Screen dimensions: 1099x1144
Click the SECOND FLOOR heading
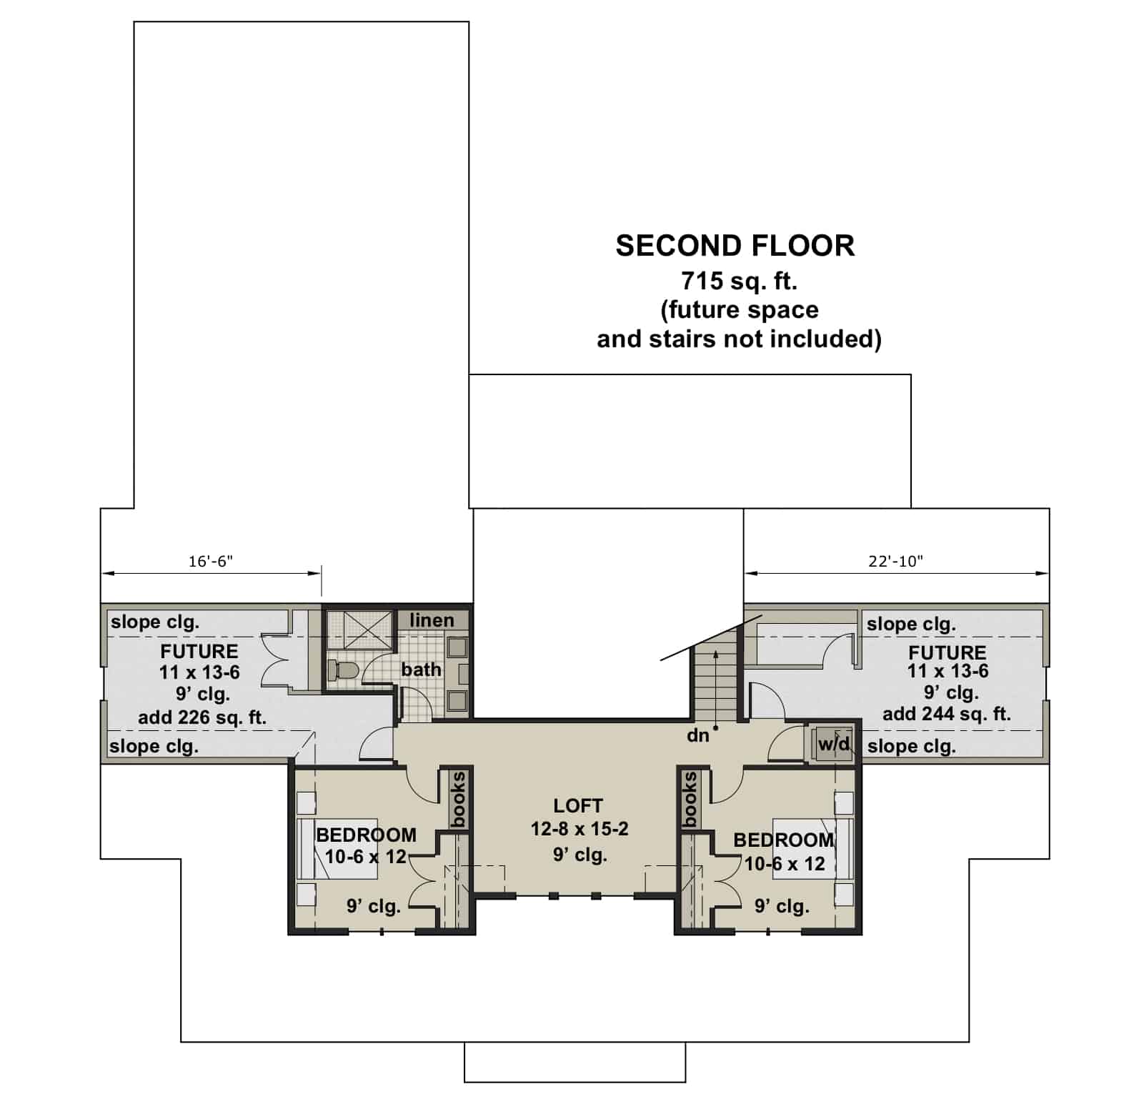click(x=735, y=246)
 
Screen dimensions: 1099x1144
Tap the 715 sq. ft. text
click(x=739, y=281)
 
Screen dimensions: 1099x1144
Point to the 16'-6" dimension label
click(x=211, y=562)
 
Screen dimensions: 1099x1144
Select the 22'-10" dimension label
click(x=895, y=562)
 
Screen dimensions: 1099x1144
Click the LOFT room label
click(x=578, y=806)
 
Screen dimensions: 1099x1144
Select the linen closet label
click(x=432, y=620)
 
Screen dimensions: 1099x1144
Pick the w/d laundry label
click(x=834, y=744)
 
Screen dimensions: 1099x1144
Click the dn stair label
click(x=697, y=735)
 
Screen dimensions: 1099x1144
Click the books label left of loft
click(x=457, y=799)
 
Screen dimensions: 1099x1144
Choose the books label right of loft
click(x=690, y=799)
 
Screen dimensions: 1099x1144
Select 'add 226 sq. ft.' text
click(x=202, y=717)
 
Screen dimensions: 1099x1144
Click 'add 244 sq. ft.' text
click(x=946, y=714)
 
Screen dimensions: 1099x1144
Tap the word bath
click(x=421, y=670)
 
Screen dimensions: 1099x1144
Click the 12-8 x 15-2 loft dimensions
click(x=579, y=829)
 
